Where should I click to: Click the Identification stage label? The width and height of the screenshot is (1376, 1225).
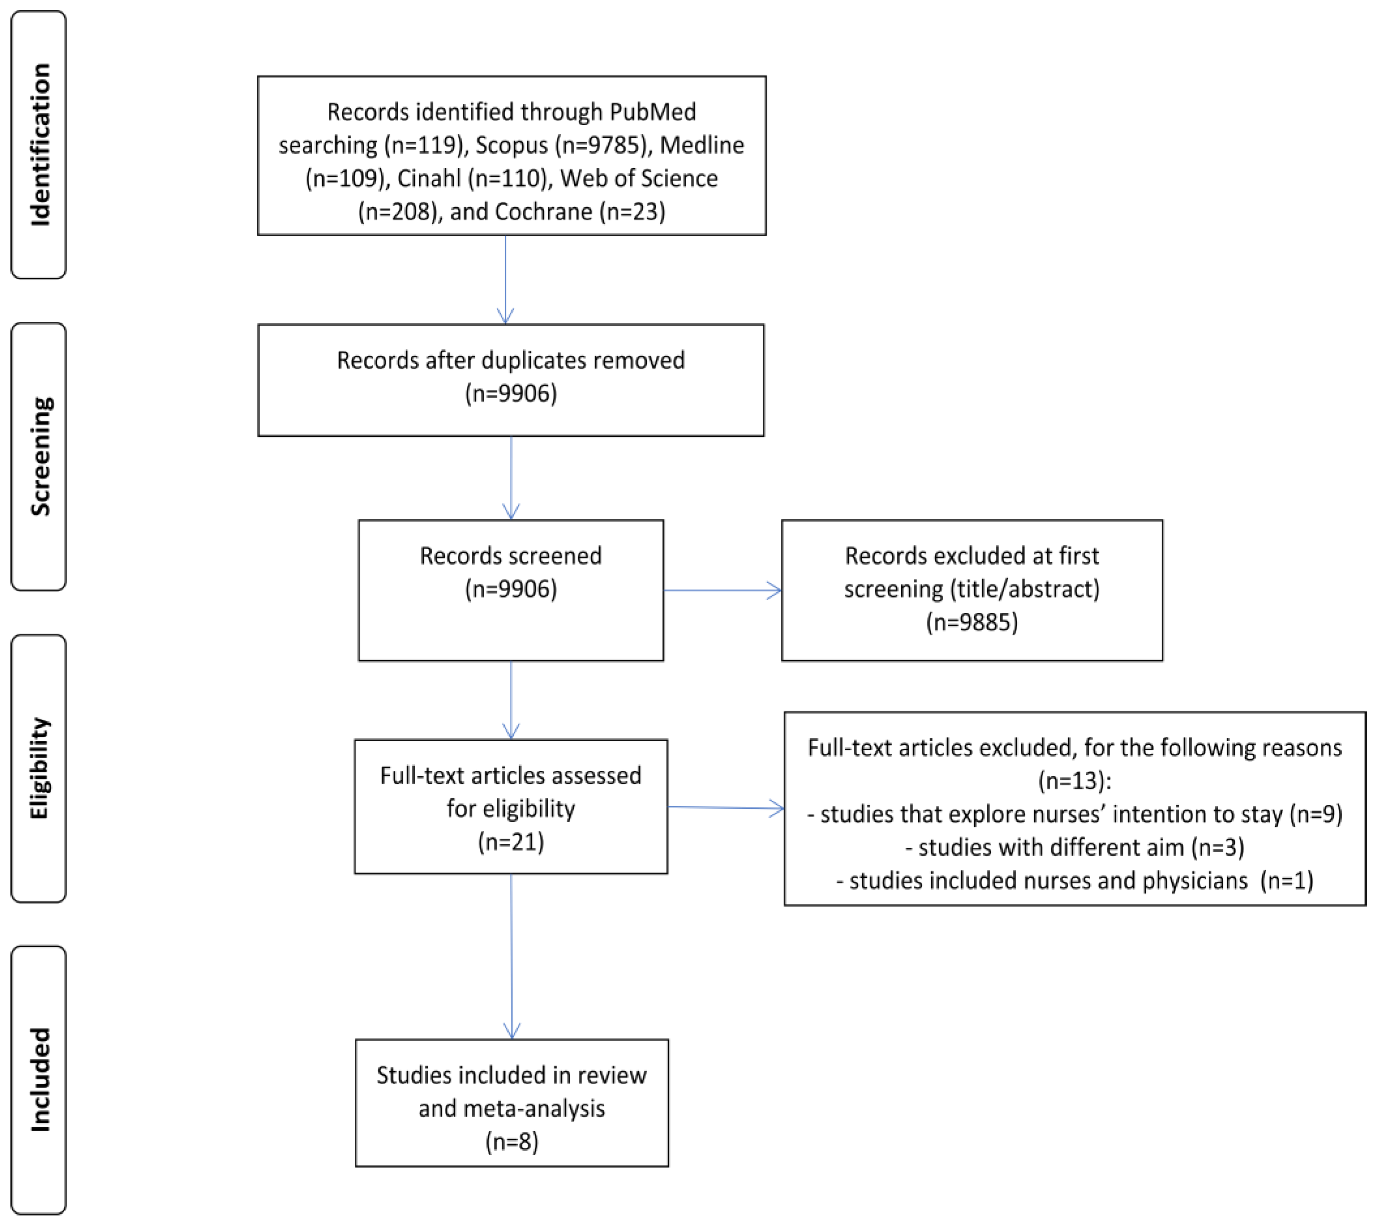point(40,145)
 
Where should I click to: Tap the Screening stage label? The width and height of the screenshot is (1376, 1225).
point(40,457)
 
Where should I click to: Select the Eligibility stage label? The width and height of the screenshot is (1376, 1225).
point(40,768)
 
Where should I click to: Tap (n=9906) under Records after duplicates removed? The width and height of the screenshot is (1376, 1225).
point(511,393)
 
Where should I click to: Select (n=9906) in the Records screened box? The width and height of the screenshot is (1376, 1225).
point(511,588)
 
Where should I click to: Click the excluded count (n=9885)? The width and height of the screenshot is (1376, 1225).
point(972,621)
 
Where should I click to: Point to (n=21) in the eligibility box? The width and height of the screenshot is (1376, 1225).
point(511,841)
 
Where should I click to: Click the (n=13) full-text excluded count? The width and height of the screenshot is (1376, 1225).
point(1075,780)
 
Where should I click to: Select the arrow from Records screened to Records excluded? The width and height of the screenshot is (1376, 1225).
point(722,591)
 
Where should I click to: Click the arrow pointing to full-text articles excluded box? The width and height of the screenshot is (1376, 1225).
point(726,807)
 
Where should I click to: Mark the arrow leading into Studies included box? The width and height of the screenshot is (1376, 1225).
point(512,956)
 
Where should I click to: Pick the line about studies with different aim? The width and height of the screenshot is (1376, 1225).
point(1075,847)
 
